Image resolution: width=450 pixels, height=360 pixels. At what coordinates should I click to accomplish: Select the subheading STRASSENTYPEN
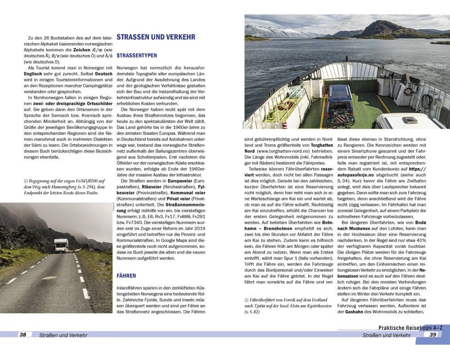click(137, 56)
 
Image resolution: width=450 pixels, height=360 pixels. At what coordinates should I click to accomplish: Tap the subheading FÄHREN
click(126, 276)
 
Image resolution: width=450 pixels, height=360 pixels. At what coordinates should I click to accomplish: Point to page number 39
click(433, 334)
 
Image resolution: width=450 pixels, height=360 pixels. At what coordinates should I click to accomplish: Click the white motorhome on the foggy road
click(61, 245)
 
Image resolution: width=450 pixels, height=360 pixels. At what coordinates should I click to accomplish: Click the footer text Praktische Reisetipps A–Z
click(410, 328)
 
